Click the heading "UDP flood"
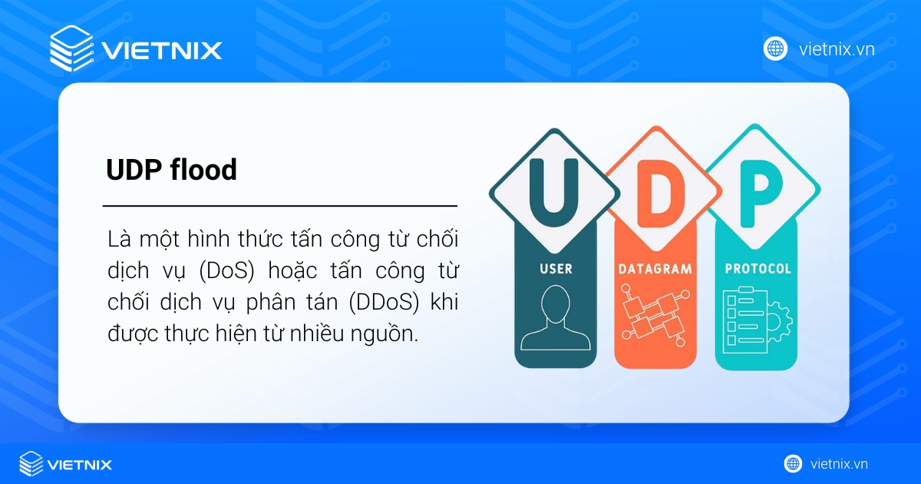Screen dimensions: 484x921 (171, 171)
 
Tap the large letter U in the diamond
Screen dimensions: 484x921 (554, 187)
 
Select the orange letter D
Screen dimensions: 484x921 (655, 187)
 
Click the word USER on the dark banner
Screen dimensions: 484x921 (554, 270)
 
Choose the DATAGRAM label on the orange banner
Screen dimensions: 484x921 (655, 270)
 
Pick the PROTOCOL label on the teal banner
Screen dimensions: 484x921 (758, 270)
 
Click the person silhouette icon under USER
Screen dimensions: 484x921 (554, 319)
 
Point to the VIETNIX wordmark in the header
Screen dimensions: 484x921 (162, 51)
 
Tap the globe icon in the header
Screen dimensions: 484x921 (775, 48)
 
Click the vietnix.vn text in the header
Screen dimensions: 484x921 (837, 49)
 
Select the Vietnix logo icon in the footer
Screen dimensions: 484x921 (31, 464)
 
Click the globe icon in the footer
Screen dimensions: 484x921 (793, 463)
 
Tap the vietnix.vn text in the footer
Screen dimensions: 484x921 (839, 464)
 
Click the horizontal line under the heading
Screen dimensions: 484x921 (279, 206)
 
